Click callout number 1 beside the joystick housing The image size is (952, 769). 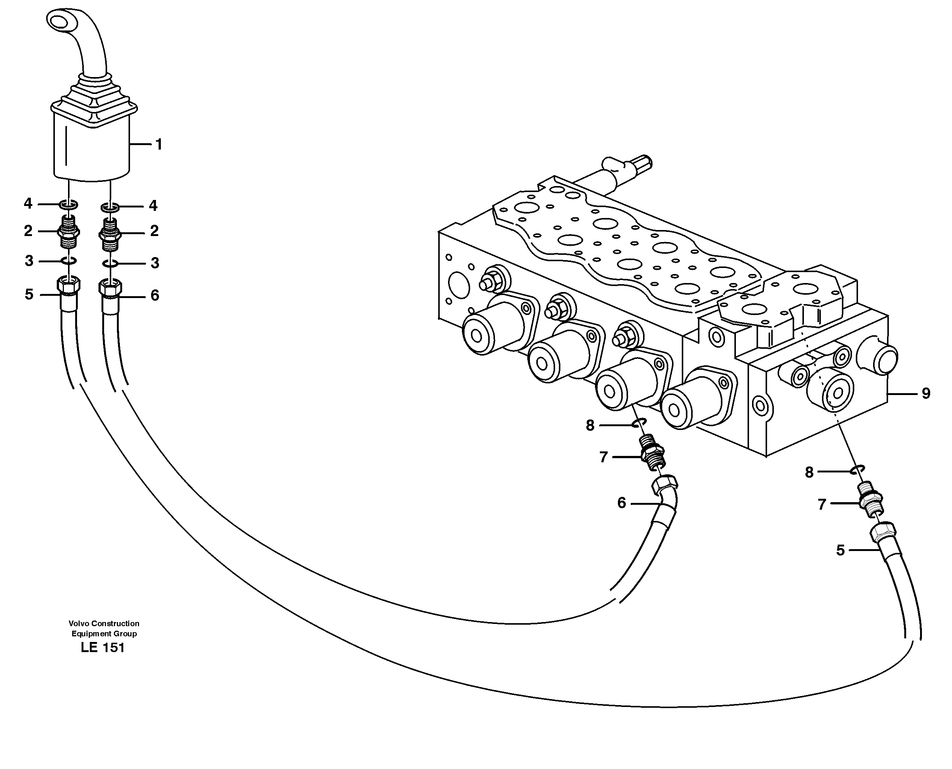click(x=158, y=144)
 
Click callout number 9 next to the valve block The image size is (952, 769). click(x=926, y=394)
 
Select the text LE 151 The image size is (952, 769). click(x=103, y=648)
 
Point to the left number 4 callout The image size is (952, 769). click(x=28, y=204)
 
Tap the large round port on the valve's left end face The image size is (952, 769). click(x=459, y=285)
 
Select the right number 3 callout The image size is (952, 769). click(x=154, y=263)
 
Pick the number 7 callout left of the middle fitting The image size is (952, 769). click(x=603, y=457)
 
